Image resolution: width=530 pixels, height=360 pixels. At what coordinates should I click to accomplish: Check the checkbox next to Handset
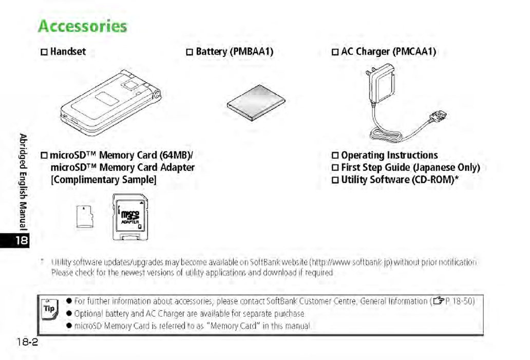point(44,52)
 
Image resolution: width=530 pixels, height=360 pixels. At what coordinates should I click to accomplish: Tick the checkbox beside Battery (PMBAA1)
point(189,52)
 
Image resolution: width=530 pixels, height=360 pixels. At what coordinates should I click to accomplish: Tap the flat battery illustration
point(255,103)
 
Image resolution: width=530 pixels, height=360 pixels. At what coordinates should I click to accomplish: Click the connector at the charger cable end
point(439,117)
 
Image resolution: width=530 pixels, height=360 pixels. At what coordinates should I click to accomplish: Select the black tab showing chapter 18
point(23,240)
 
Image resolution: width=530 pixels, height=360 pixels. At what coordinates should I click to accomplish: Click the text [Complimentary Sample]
point(103,180)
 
